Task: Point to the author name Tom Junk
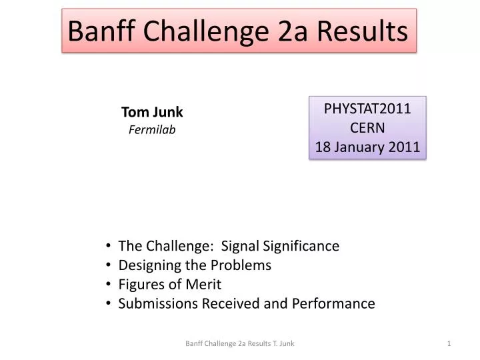tap(152, 112)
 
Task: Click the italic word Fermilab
tap(152, 130)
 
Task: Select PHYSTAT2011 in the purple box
tap(367, 109)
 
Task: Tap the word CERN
tap(367, 128)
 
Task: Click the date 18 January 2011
tap(367, 147)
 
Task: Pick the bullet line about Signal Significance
tap(229, 246)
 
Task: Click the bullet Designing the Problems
tap(195, 265)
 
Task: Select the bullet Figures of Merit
tap(170, 285)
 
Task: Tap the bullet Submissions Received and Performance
tap(247, 304)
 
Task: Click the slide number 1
tap(450, 343)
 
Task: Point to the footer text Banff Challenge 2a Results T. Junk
tap(240, 343)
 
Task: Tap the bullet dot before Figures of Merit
tap(108, 285)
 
